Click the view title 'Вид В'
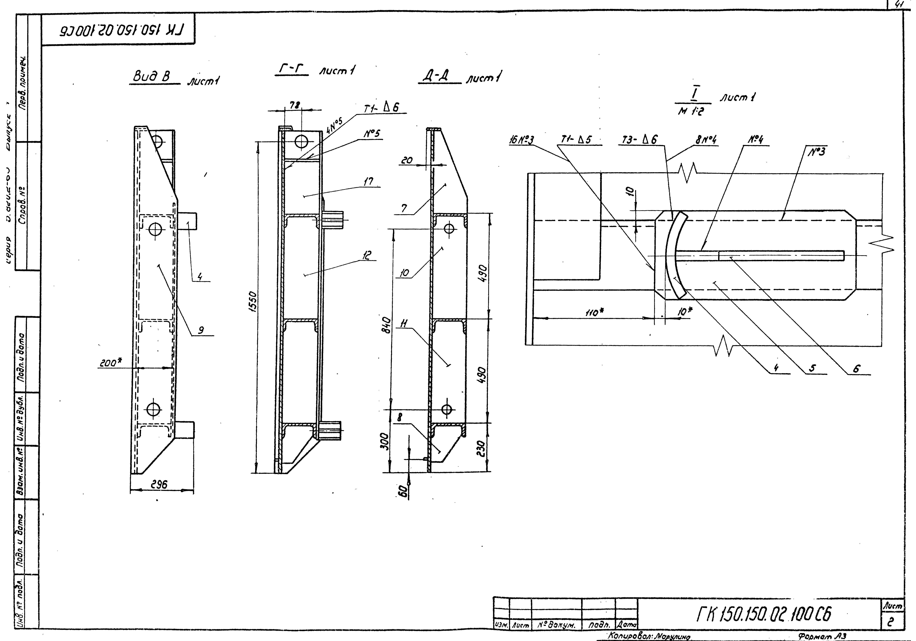click(x=151, y=76)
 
